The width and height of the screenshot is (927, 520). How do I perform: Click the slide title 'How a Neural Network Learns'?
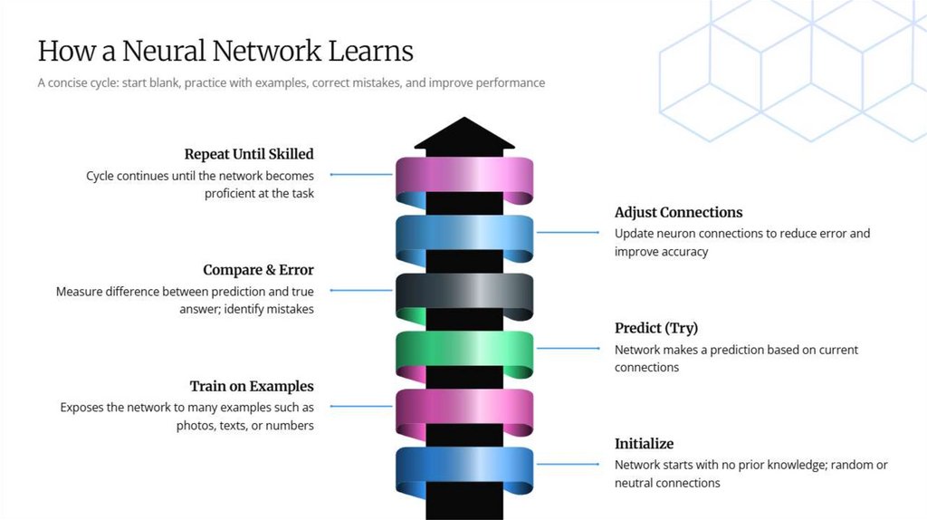pyautogui.click(x=225, y=50)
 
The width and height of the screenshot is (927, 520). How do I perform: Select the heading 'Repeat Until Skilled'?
pyautogui.click(x=249, y=154)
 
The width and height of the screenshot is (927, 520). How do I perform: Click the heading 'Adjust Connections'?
pyautogui.click(x=678, y=212)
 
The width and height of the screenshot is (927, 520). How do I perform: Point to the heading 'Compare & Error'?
pyautogui.click(x=258, y=270)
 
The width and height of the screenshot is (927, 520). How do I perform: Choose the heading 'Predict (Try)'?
pyautogui.click(x=656, y=328)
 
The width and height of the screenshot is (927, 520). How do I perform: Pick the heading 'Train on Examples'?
pyautogui.click(x=252, y=386)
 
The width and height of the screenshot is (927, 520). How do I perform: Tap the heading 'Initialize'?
pyautogui.click(x=644, y=444)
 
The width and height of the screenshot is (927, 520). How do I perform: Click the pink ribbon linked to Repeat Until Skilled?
pyautogui.click(x=463, y=176)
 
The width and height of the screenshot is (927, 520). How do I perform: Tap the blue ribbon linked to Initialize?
pyautogui.click(x=463, y=466)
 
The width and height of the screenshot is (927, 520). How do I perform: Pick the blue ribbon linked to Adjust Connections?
pyautogui.click(x=463, y=235)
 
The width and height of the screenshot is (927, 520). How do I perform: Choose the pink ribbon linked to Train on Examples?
pyautogui.click(x=463, y=409)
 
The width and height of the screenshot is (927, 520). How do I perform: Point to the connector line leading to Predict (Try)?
pyautogui.click(x=568, y=349)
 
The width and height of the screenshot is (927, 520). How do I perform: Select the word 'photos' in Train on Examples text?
pyautogui.click(x=195, y=425)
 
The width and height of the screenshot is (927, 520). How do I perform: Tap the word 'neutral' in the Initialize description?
pyautogui.click(x=636, y=483)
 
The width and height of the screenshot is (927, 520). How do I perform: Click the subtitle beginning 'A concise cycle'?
pyautogui.click(x=291, y=82)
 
